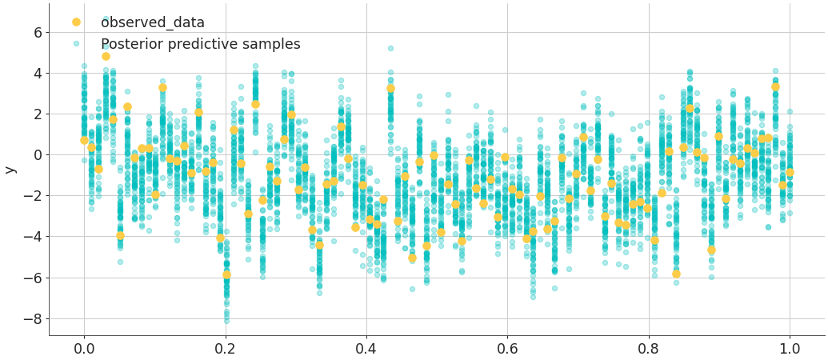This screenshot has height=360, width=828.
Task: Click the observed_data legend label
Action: point(152,22)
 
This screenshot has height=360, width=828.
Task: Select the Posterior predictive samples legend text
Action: point(200,44)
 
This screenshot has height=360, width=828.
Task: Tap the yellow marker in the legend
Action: point(76,22)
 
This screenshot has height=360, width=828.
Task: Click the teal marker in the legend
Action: point(76,44)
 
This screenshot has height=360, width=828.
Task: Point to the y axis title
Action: point(10,170)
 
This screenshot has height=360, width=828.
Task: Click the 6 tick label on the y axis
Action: point(37,32)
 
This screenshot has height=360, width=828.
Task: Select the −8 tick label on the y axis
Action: point(32,318)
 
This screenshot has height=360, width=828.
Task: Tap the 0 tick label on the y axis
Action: point(37,154)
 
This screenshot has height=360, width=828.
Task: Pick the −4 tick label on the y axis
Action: point(32,237)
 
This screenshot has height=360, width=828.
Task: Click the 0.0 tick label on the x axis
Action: point(84,348)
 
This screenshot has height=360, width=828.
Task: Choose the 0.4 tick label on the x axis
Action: point(366,348)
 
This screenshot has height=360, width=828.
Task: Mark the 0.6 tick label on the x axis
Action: point(507,348)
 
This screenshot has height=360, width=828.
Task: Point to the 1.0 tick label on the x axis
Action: point(790,348)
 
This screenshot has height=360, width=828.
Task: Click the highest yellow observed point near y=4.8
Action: point(106,56)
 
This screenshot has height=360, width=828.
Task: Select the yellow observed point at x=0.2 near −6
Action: point(226,274)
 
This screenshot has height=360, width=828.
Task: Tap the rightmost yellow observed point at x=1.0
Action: point(790,172)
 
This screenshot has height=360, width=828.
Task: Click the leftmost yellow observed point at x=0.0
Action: point(84,140)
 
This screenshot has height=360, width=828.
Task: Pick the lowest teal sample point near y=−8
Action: point(226,321)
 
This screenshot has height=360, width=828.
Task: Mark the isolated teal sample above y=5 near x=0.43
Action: point(390,49)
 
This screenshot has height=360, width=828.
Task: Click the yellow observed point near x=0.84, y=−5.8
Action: point(676,274)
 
